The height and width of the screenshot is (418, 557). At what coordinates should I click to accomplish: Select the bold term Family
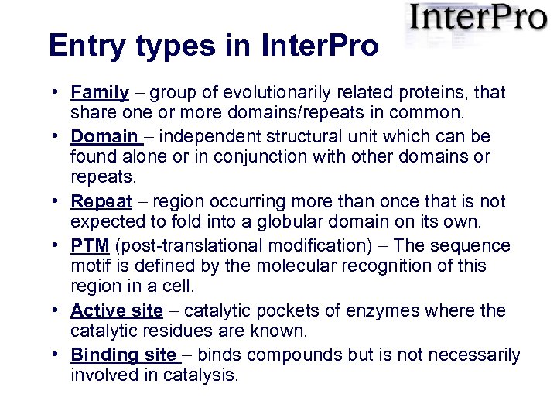coord(99,93)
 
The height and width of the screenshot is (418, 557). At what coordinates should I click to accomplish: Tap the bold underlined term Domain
coord(104,136)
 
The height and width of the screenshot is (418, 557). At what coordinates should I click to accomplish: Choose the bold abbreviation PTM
coord(90,246)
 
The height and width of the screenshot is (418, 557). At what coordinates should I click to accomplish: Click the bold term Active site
coord(116,311)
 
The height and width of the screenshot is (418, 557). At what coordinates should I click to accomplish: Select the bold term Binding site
coord(123,355)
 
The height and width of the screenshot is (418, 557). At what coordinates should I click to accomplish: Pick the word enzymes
coord(375,311)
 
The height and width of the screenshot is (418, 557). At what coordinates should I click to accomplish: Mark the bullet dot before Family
coord(58,93)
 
